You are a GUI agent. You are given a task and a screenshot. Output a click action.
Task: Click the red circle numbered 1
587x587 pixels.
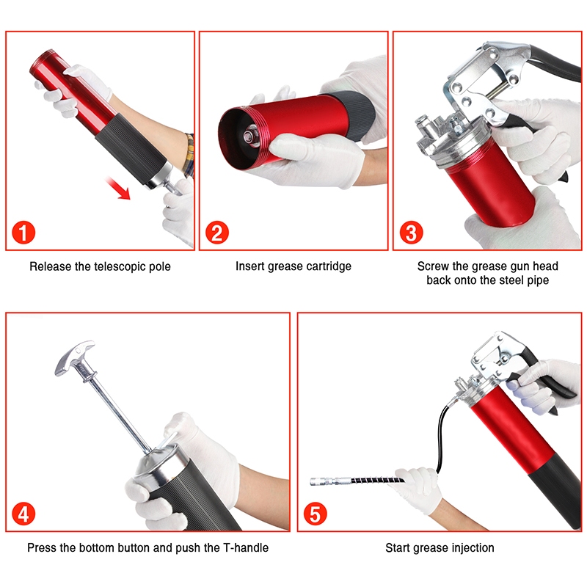pyautogui.click(x=23, y=233)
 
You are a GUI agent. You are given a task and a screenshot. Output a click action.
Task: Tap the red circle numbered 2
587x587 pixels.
pyautogui.click(x=217, y=233)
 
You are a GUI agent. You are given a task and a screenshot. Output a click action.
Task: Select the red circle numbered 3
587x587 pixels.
pyautogui.click(x=412, y=233)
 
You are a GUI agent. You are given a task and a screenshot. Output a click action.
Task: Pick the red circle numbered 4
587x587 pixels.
pyautogui.click(x=23, y=514)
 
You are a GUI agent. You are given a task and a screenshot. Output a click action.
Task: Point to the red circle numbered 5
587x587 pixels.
pyautogui.click(x=316, y=514)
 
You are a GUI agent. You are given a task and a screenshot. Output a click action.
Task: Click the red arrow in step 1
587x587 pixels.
pyautogui.click(x=117, y=188)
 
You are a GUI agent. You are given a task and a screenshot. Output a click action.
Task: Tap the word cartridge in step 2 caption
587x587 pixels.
pyautogui.click(x=329, y=266)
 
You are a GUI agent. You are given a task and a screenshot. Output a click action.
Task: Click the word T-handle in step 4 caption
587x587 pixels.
pyautogui.click(x=246, y=547)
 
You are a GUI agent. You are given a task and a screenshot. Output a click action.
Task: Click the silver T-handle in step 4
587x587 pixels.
pyautogui.click(x=74, y=357)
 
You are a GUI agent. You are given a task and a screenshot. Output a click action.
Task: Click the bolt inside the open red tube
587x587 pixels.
pyautogui.click(x=249, y=136)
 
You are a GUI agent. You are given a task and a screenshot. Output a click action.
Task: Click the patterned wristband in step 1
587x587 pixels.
pyautogui.click(x=189, y=154)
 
